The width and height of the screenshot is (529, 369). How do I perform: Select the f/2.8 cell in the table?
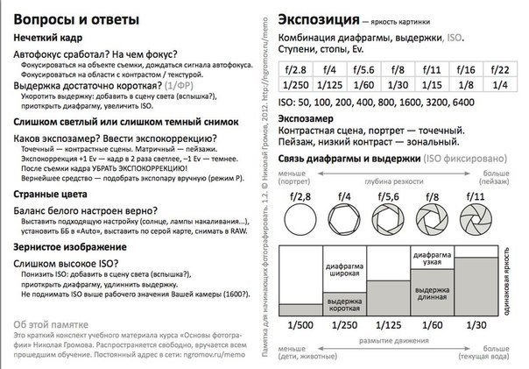click(295, 69)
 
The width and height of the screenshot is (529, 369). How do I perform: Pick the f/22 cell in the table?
click(500, 69)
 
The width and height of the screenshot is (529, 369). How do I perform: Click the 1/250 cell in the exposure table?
click(295, 85)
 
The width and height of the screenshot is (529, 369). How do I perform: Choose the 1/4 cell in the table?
click(500, 85)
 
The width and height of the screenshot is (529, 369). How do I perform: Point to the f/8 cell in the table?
click(398, 69)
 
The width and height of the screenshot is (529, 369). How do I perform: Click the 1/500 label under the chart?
click(300, 325)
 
